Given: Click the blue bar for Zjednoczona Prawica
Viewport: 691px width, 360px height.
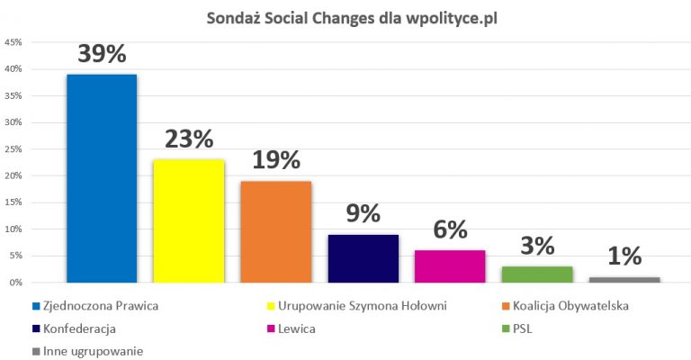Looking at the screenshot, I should pos(102,178).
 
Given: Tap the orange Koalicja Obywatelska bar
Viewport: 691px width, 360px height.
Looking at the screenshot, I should pos(275,231).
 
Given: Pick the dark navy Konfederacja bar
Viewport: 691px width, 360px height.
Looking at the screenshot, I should pos(363,258).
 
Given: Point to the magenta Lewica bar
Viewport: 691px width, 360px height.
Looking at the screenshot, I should pos(450,266).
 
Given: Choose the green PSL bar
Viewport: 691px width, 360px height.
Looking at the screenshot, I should pos(537,274).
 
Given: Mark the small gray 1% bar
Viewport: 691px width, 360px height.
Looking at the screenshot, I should pos(624,280).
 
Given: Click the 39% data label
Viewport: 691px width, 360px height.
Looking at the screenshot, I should pos(102,54).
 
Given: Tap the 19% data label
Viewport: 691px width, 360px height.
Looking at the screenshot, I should pos(275,161).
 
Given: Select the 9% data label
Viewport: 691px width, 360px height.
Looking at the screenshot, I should pos(363,214).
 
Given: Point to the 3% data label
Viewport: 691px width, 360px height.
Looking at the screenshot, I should pos(537,247).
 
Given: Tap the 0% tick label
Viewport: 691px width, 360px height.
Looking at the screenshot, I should pos(16,283).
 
